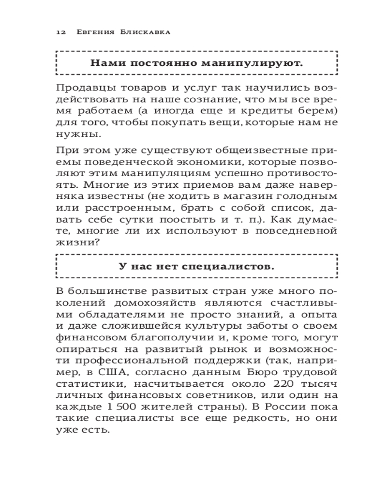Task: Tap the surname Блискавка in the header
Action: coord(146,32)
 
